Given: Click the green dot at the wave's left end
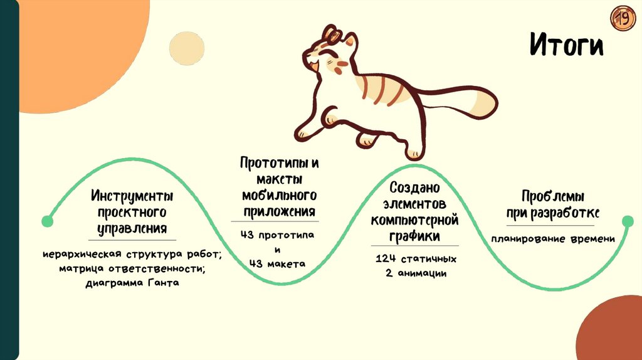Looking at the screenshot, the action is (x=47, y=221).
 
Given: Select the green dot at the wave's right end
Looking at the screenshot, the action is (x=628, y=221).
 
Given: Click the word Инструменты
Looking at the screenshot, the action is (x=132, y=196).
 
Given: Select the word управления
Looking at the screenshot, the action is (x=132, y=228).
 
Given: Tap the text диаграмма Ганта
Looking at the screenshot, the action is (x=132, y=283).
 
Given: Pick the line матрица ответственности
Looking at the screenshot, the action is (x=132, y=269).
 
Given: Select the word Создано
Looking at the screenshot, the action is (x=414, y=188).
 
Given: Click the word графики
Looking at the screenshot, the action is (x=414, y=236).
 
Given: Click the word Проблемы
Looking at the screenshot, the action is (x=552, y=196).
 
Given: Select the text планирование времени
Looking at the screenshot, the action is (x=552, y=239).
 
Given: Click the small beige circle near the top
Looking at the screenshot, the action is (x=187, y=48).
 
